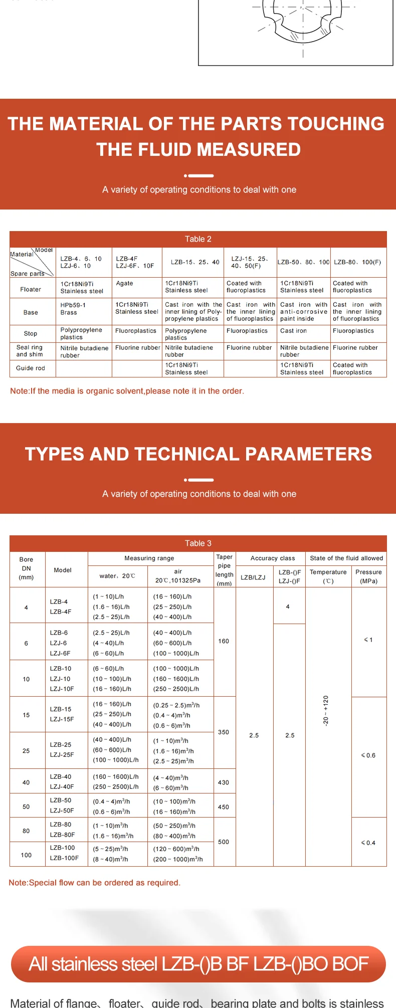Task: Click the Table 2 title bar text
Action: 198,239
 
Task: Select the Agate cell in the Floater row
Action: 125,283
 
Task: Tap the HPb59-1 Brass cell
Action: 73,309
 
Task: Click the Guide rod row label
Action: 31,368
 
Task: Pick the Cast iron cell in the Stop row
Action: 294,331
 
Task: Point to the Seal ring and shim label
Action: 30,351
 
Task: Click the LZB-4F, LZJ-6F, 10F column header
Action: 135,262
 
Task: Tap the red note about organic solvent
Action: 127,391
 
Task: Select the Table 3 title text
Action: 198,543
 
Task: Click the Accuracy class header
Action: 273,558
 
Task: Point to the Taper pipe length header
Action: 224,570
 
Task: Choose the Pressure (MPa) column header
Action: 368,576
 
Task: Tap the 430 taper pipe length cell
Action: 224,782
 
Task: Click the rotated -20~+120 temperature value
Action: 326,711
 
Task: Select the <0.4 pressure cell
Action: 368,843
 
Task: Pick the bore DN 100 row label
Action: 26,855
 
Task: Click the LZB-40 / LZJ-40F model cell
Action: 62,781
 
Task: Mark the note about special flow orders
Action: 95,883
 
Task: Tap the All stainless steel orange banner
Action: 198,964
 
